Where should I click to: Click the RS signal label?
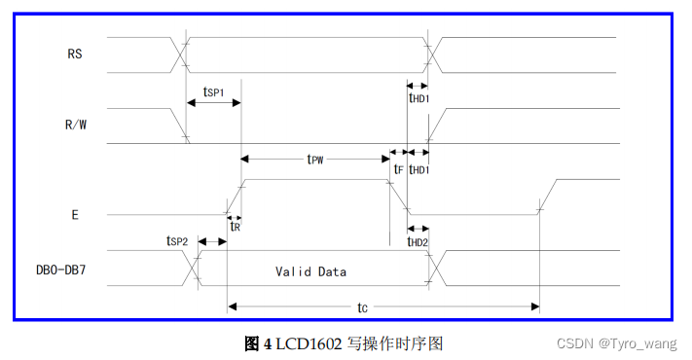pyautogui.click(x=75, y=54)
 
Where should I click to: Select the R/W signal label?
pyautogui.click(x=75, y=125)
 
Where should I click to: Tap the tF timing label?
pyautogui.click(x=397, y=168)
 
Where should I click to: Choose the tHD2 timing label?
pyautogui.click(x=418, y=241)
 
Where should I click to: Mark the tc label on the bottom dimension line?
pyautogui.click(x=361, y=307)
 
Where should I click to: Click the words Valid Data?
pyautogui.click(x=310, y=271)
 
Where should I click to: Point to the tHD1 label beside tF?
pyautogui.click(x=419, y=168)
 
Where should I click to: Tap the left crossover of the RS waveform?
pyautogui.click(x=180, y=54)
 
